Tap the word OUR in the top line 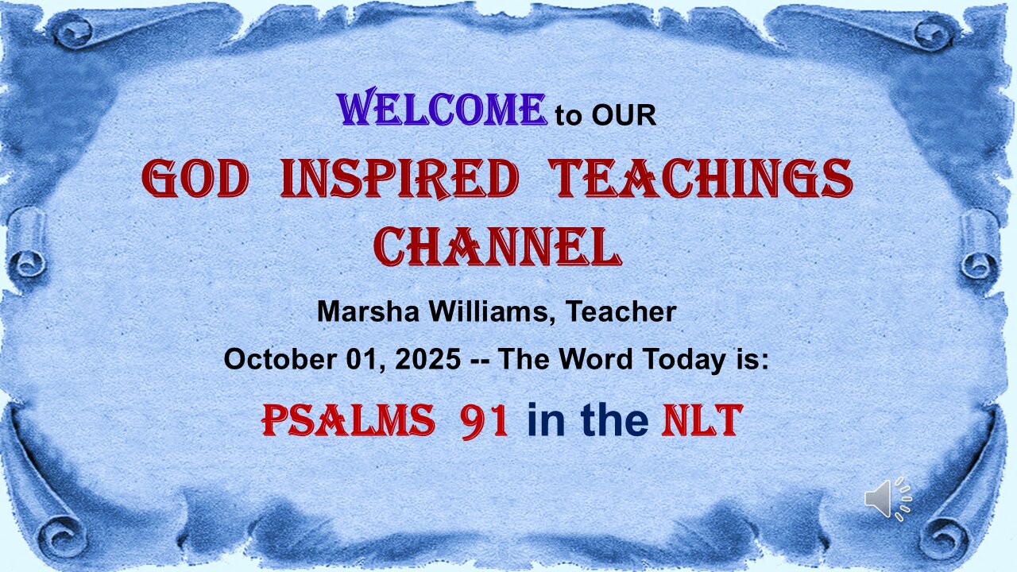coord(624,115)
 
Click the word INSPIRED coord(400,178)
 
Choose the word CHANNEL coord(497,246)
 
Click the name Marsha coord(368,311)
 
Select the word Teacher coord(621,311)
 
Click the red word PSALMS coord(348,421)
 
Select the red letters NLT coord(702,421)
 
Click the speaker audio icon coord(887,499)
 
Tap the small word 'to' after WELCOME coord(568,116)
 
